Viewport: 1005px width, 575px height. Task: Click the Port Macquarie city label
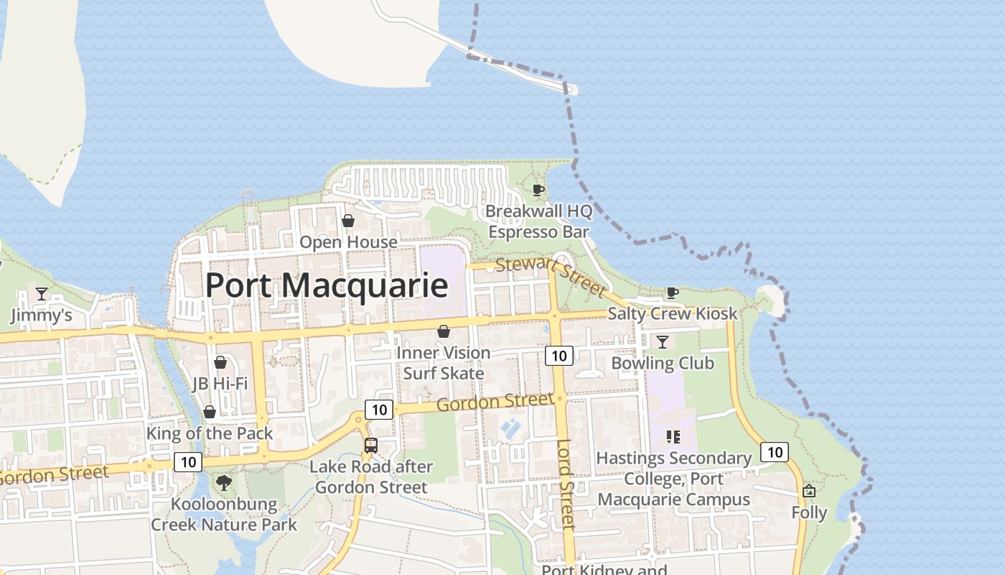[x=327, y=285]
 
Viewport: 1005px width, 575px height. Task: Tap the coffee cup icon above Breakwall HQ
[x=538, y=190]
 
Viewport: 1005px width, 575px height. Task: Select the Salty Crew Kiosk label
[x=672, y=313]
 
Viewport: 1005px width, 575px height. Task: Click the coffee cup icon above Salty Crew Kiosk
[x=672, y=293]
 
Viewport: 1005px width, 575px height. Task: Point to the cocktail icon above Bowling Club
[x=662, y=341]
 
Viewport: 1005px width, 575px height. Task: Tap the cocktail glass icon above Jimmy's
[x=42, y=294]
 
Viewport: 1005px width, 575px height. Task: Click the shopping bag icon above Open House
[x=348, y=221]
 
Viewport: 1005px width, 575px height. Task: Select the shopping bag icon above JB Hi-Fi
[x=220, y=362]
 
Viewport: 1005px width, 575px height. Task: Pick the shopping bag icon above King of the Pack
[x=210, y=412]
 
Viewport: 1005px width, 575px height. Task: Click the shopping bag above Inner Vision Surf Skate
[x=444, y=331]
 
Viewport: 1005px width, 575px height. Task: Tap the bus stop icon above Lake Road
[x=371, y=445]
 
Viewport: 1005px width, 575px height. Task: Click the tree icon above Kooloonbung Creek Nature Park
[x=224, y=482]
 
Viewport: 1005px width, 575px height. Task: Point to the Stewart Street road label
[x=551, y=276]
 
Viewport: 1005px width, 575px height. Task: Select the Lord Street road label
[x=566, y=484]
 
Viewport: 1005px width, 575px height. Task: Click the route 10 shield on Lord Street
[x=558, y=355]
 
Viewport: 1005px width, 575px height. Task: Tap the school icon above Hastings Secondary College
[x=673, y=436]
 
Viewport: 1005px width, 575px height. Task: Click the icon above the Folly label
[x=809, y=492]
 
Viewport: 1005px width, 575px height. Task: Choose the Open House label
[x=348, y=242]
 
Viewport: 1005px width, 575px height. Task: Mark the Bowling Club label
[x=662, y=363]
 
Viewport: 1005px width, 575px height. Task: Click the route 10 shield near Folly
[x=774, y=452]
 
